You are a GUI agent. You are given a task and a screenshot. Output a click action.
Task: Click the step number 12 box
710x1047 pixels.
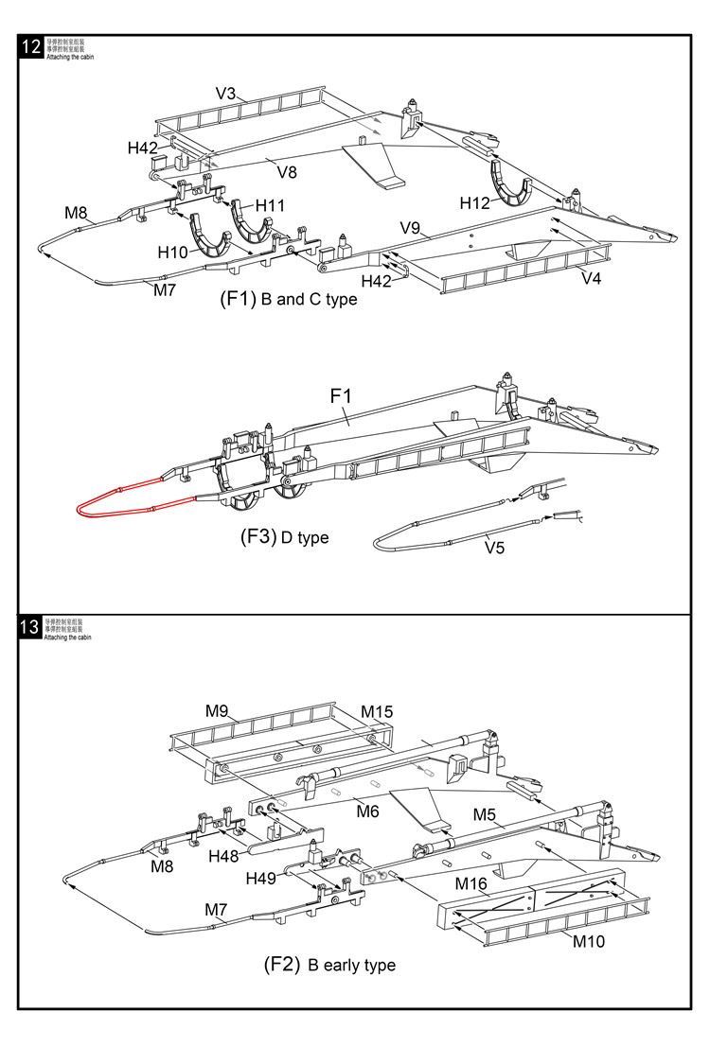pos(30,48)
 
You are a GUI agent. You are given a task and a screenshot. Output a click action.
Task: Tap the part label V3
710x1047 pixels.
pos(225,94)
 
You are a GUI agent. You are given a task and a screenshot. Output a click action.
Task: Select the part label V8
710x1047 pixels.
pos(286,171)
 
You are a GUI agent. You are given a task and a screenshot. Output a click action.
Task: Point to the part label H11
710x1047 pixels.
pos(270,205)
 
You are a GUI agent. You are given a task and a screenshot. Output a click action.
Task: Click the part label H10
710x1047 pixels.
pos(172,253)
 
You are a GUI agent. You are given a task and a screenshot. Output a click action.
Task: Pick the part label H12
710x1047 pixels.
pos(475,202)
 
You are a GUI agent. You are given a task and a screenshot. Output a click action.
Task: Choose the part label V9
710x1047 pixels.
pos(410,228)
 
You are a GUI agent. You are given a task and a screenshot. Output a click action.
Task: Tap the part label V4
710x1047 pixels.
pos(592,278)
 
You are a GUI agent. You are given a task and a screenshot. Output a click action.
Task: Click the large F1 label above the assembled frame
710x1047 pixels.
pos(340,395)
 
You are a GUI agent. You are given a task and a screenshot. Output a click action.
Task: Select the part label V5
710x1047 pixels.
pos(495,547)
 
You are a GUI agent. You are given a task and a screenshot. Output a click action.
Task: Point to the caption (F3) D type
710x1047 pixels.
pos(284,537)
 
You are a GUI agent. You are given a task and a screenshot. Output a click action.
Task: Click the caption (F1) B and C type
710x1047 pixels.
pos(288,300)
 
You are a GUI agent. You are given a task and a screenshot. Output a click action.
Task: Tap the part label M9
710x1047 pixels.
pos(217,709)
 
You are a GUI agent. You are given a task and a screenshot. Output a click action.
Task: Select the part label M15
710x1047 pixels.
pos(377,711)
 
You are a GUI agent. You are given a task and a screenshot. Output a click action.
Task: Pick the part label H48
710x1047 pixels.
pos(225,856)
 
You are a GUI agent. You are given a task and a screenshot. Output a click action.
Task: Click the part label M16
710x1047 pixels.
pos(470,883)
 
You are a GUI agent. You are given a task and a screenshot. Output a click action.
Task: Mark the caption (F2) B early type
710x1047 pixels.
pos(328,965)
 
